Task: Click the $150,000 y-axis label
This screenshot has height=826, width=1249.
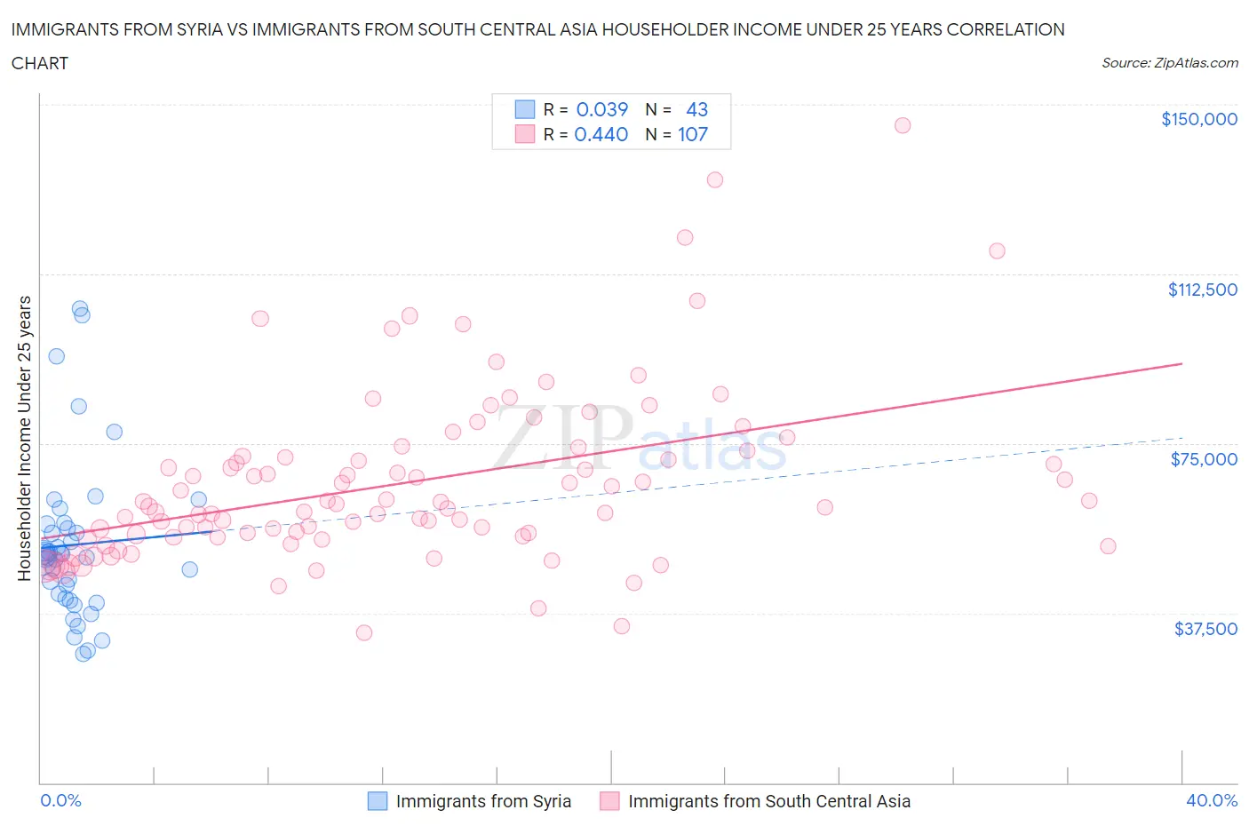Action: pyautogui.click(x=1198, y=119)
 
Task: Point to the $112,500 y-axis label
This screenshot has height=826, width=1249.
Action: pyautogui.click(x=1202, y=290)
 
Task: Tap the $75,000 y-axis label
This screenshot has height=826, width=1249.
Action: pyautogui.click(x=1204, y=459)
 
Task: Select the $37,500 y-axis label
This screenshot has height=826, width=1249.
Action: pyautogui.click(x=1205, y=629)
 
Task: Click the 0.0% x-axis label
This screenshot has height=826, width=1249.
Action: pyautogui.click(x=60, y=800)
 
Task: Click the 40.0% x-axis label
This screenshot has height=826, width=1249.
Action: pyautogui.click(x=1212, y=800)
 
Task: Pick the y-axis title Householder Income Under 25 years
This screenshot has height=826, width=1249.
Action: pyautogui.click(x=25, y=438)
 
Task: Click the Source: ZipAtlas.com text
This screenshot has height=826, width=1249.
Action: pyautogui.click(x=1169, y=63)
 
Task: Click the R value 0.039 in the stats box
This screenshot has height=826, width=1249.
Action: pyautogui.click(x=601, y=109)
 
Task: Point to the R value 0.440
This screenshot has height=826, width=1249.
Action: pyautogui.click(x=601, y=134)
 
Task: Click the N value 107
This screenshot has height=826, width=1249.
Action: pyautogui.click(x=692, y=134)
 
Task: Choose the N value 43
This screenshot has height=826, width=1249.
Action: pyautogui.click(x=696, y=109)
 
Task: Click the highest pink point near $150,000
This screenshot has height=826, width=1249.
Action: pyautogui.click(x=902, y=125)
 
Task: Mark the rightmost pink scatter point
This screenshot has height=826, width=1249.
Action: pyautogui.click(x=1108, y=546)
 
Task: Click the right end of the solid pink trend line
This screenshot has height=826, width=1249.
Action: pyautogui.click(x=1181, y=363)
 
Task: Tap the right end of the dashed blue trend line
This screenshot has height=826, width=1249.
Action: pyautogui.click(x=1181, y=437)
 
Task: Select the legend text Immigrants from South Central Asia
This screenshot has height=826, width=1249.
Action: pyautogui.click(x=768, y=801)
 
